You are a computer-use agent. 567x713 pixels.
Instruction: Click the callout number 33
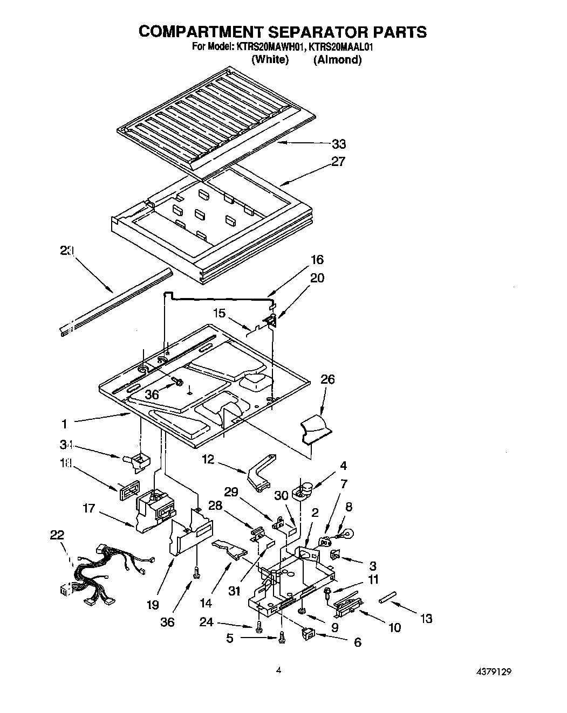339,144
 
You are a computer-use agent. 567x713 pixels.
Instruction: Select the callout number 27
338,161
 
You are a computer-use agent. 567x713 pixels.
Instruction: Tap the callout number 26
327,379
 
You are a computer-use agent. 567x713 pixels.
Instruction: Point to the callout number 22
57,535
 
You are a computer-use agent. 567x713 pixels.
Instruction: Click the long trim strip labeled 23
116,304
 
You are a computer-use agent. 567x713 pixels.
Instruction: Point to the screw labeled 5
281,639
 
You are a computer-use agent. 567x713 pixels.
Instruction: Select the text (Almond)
338,60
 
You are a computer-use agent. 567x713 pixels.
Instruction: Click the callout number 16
317,260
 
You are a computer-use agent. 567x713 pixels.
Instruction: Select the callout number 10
394,627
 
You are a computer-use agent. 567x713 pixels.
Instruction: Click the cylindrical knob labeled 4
303,490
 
